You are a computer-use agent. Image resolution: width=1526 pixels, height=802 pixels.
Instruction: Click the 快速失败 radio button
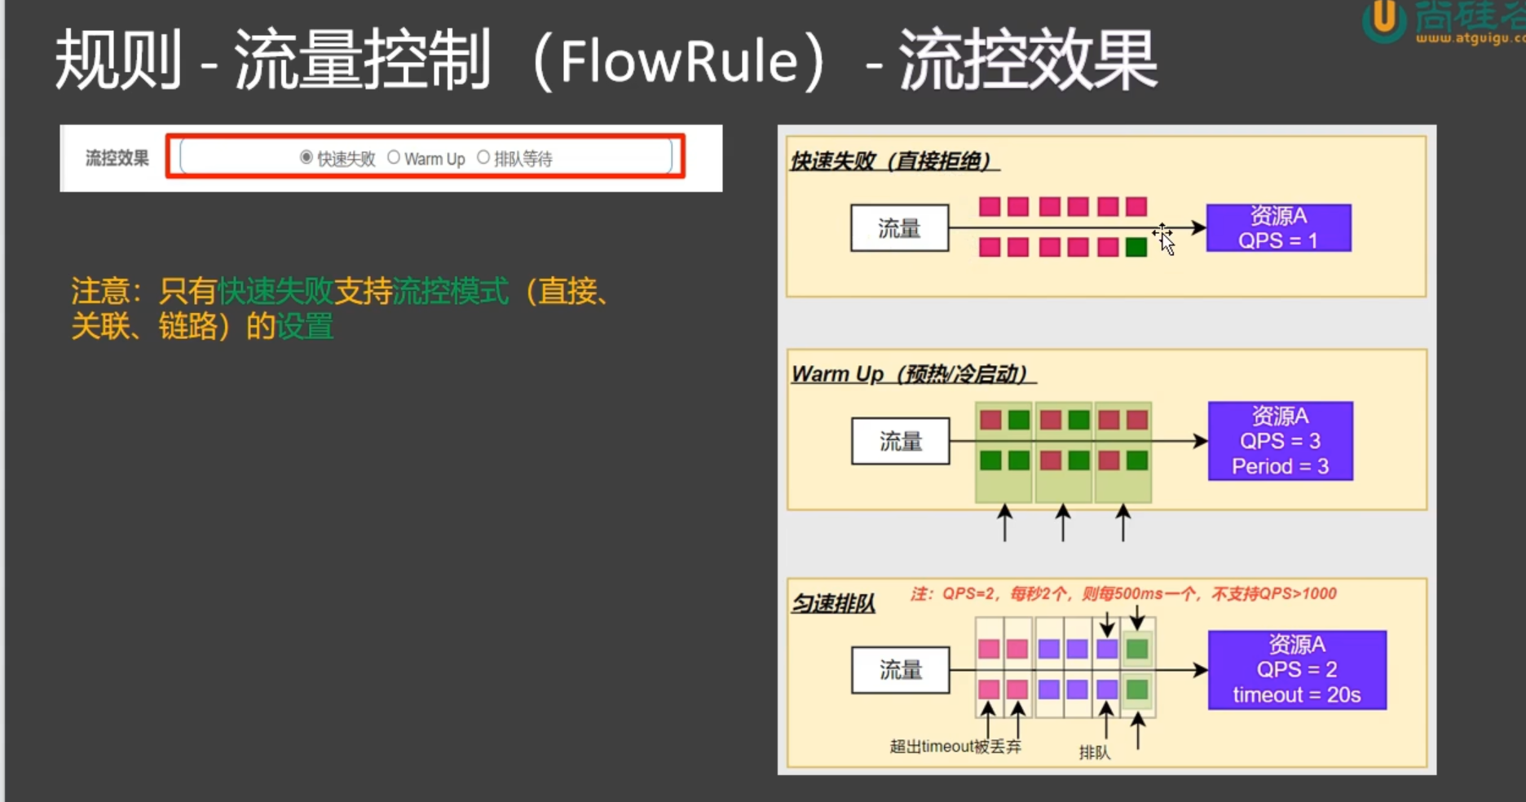click(x=307, y=157)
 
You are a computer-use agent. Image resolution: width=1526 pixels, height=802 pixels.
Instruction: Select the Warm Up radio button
click(x=394, y=157)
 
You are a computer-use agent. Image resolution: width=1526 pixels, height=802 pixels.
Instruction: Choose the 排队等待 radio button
click(x=483, y=157)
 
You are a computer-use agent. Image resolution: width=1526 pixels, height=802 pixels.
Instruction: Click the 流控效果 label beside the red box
click(x=117, y=158)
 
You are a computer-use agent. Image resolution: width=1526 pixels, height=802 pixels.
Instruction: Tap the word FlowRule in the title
click(x=679, y=62)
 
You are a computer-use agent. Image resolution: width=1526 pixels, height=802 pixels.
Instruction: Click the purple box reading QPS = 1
click(x=1278, y=228)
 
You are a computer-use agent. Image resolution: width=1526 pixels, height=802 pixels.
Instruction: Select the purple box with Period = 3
click(x=1280, y=441)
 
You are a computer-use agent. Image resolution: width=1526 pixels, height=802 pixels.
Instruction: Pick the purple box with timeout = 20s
click(x=1296, y=670)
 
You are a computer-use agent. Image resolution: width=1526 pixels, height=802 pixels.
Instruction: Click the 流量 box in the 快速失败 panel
click(x=899, y=228)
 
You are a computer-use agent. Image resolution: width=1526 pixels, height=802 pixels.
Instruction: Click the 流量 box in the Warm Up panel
click(x=900, y=441)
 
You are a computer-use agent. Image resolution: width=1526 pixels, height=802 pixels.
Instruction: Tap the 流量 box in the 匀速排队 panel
click(x=900, y=670)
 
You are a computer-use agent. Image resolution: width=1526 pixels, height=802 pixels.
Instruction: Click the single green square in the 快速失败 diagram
click(x=1136, y=247)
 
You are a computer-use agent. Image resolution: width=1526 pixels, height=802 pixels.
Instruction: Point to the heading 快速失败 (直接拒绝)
click(x=892, y=161)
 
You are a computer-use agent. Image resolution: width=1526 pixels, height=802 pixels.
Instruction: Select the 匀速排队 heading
click(x=833, y=604)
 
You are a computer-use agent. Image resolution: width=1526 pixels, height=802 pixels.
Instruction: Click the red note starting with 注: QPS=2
click(x=1122, y=593)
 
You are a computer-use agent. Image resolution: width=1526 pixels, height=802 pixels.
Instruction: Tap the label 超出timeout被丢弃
click(x=955, y=747)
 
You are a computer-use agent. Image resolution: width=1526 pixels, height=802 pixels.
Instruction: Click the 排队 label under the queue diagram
click(x=1094, y=752)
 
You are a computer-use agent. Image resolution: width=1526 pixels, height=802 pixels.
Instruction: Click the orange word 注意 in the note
click(x=99, y=291)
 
